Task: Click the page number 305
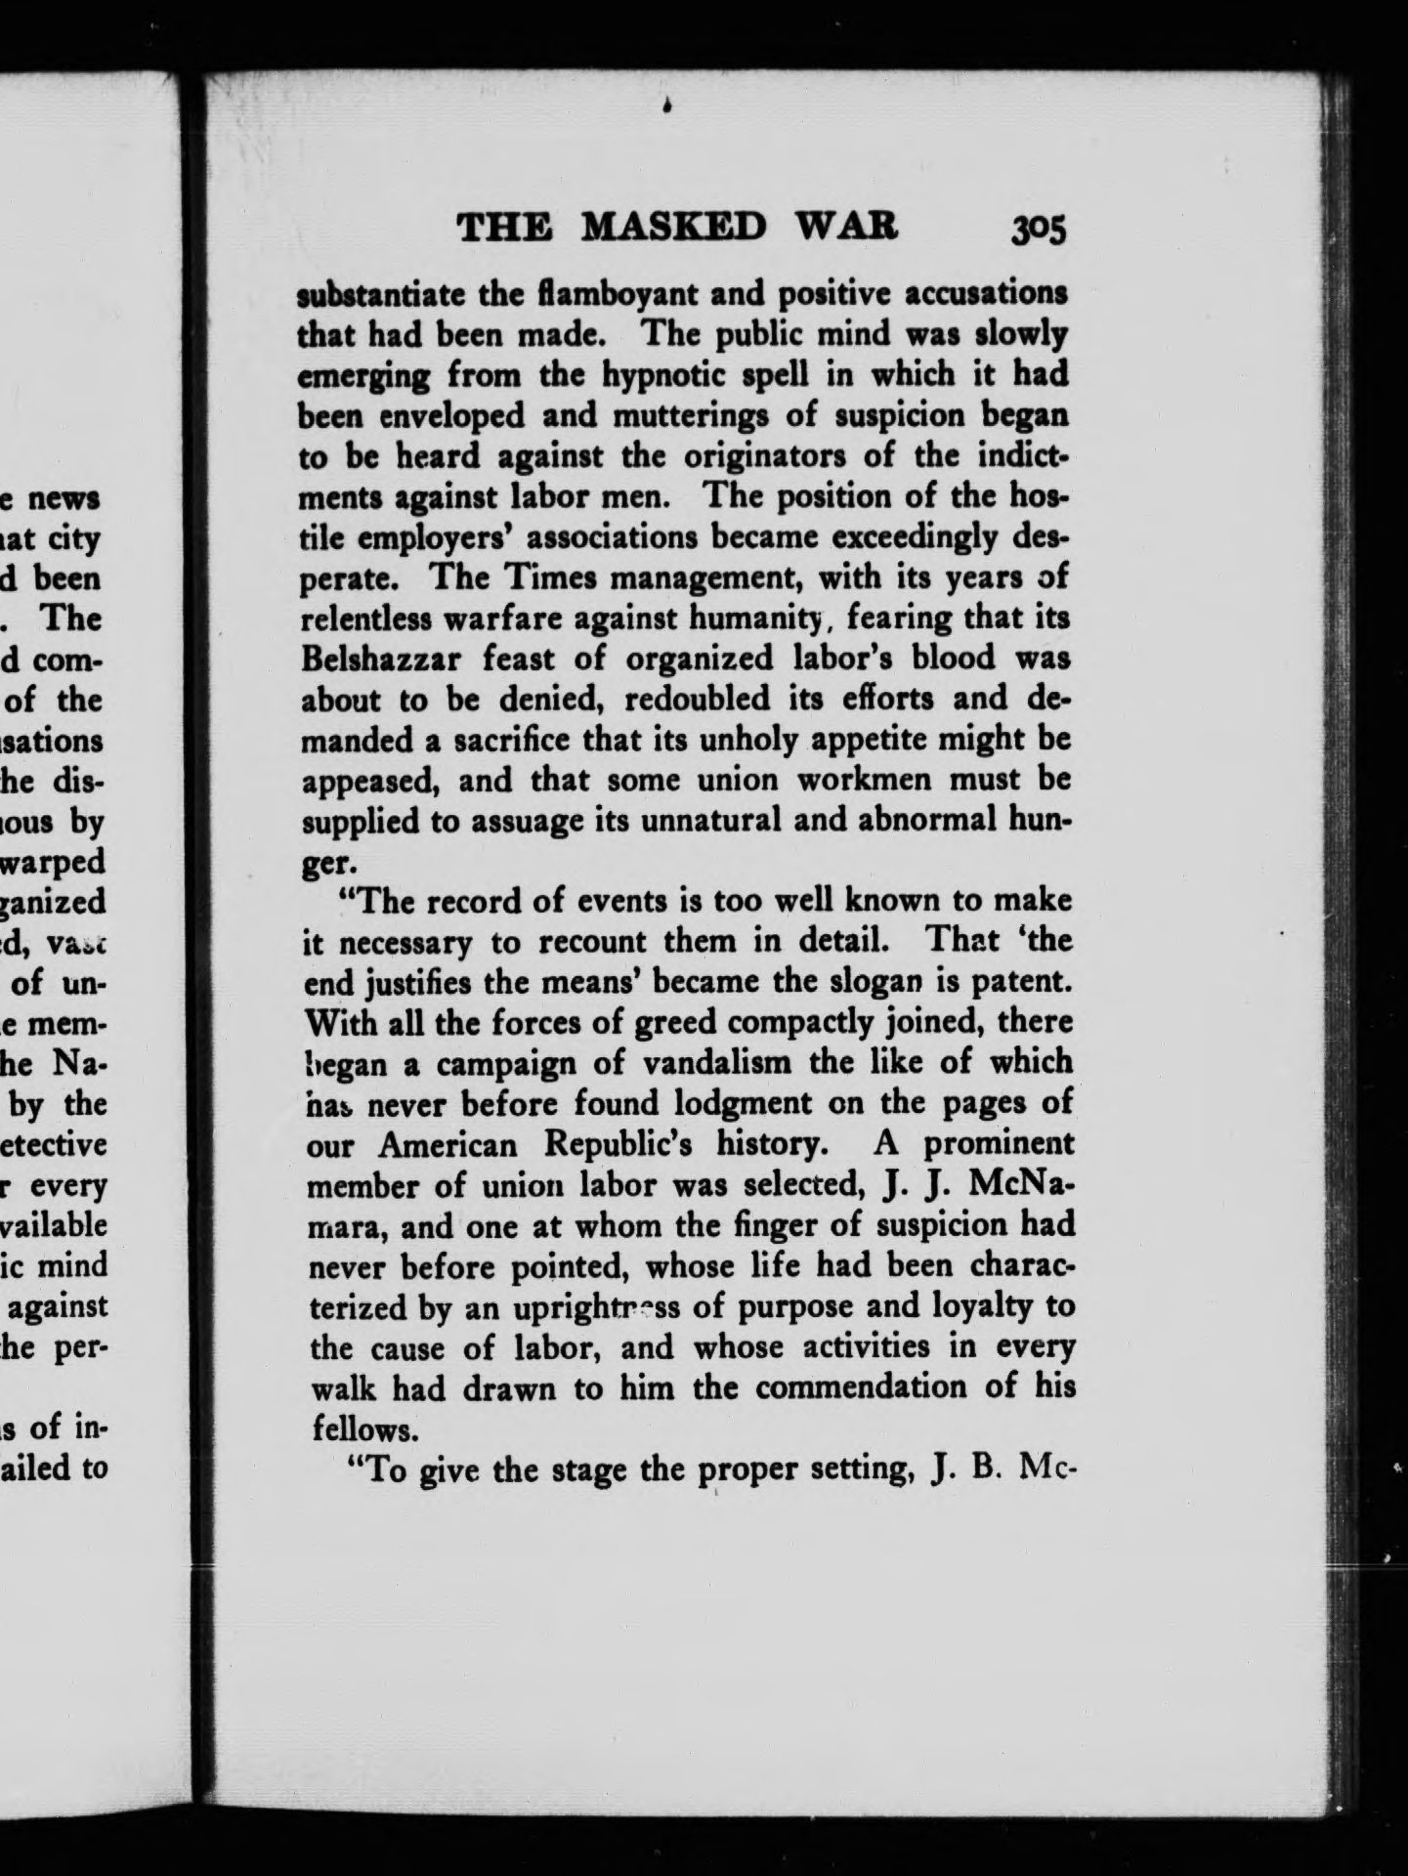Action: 1039,231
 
